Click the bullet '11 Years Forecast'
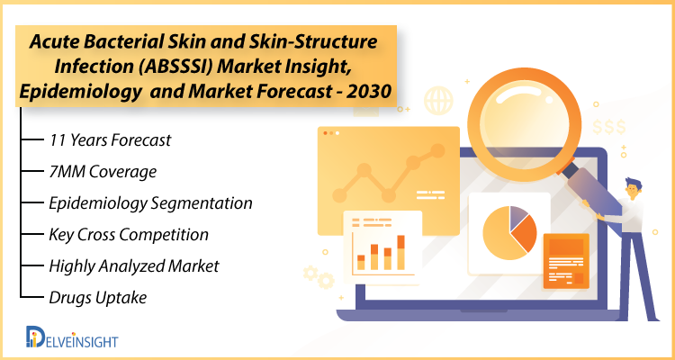(110, 140)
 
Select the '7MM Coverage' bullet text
(103, 172)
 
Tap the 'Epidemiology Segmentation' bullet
(150, 203)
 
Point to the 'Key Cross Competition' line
(129, 235)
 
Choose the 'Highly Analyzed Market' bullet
(134, 266)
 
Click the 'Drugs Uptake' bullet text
(98, 298)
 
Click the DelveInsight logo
(71, 337)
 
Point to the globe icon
(438, 101)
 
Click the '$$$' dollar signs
(608, 127)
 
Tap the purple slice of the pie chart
(519, 214)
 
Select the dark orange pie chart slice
(526, 233)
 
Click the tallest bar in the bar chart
(400, 253)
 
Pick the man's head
(633, 188)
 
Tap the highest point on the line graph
(437, 150)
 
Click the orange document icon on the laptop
(566, 261)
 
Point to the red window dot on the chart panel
(325, 133)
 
